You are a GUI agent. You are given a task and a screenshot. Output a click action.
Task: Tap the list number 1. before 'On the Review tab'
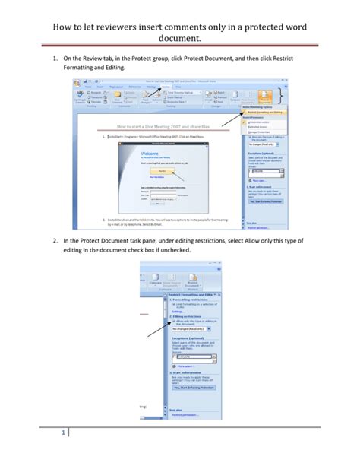tap(55, 58)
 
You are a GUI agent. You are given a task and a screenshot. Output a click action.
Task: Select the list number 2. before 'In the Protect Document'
tap(55, 240)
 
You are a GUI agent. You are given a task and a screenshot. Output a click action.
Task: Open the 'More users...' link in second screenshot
tap(183, 366)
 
